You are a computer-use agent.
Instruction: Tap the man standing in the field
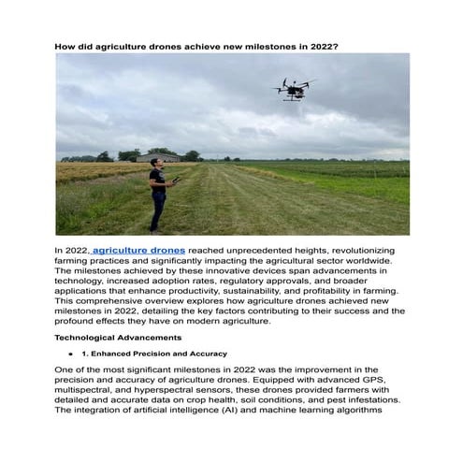(x=158, y=193)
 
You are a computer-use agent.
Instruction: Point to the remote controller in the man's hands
(x=175, y=180)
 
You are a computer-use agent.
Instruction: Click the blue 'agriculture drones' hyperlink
(x=138, y=252)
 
